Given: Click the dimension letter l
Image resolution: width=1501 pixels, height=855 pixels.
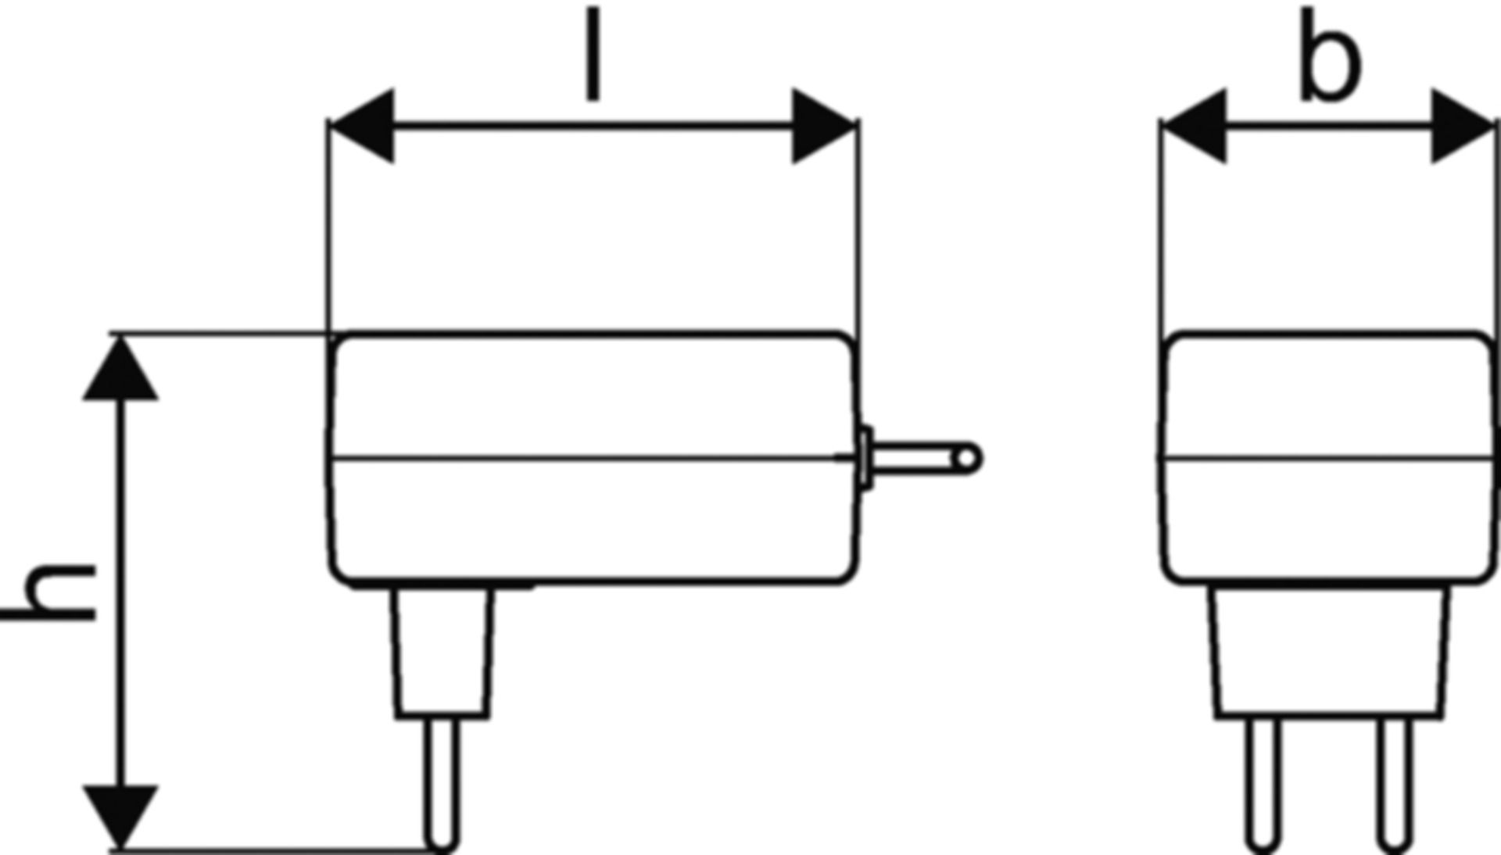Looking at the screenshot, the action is [593, 54].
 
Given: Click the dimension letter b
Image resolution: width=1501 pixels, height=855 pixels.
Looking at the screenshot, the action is [1330, 55].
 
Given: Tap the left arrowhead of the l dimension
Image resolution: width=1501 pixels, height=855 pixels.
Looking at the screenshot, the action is [362, 126].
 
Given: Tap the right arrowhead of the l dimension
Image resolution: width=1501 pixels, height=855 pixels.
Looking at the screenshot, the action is [825, 126].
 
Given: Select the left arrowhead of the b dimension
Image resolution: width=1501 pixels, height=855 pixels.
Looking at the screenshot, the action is [1195, 126].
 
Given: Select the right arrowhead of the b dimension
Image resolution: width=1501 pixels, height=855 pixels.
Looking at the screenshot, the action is [1463, 126].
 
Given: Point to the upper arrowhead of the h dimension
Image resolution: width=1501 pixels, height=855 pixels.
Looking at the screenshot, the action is [120, 367].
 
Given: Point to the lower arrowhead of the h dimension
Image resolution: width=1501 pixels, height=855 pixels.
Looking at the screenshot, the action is [120, 817].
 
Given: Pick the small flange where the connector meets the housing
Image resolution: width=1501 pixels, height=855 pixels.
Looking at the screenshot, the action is [865, 459].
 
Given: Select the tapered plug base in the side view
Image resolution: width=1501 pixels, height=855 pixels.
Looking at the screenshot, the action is [443, 652].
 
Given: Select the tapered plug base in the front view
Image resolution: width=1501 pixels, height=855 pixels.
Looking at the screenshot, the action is [1329, 651].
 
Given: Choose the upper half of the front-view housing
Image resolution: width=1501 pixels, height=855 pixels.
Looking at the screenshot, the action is [1329, 395].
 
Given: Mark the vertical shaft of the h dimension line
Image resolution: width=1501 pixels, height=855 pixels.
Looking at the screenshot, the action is [120, 592].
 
